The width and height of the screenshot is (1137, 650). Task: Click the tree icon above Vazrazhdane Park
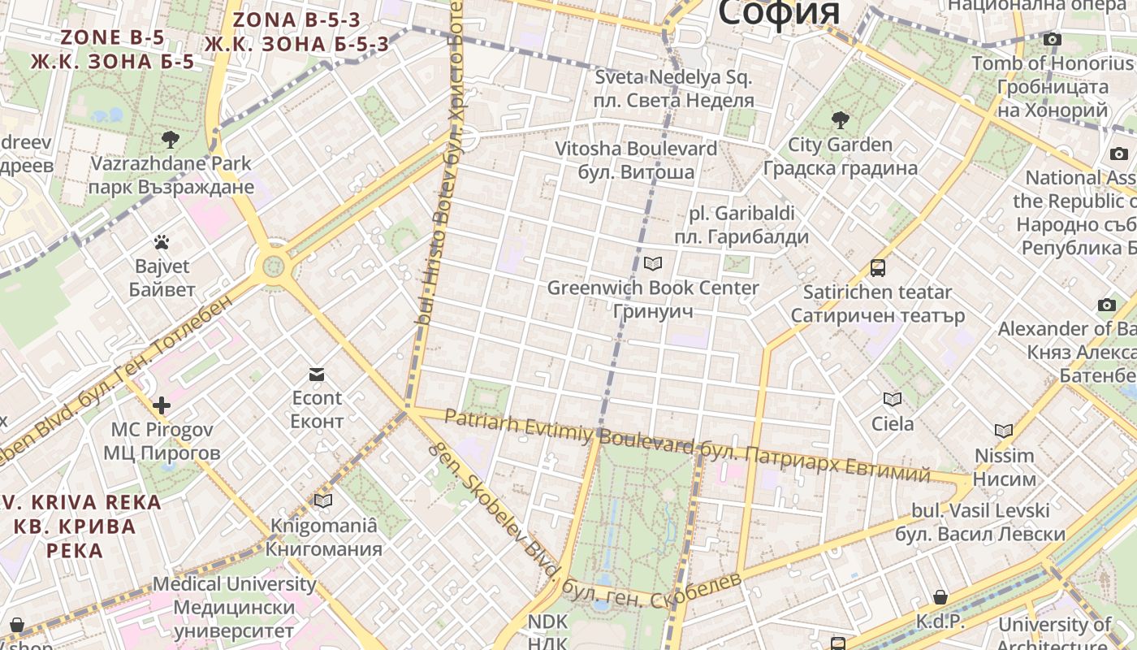pyautogui.click(x=171, y=139)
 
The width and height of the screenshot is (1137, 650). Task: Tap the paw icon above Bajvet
pyautogui.click(x=162, y=241)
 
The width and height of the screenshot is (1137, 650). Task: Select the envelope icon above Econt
pyautogui.click(x=317, y=374)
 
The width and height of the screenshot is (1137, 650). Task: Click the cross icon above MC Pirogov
pyautogui.click(x=162, y=405)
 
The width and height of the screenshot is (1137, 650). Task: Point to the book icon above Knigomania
pyautogui.click(x=323, y=500)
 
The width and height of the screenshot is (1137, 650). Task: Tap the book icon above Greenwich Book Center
pyautogui.click(x=653, y=263)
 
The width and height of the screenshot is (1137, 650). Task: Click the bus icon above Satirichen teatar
pyautogui.click(x=878, y=267)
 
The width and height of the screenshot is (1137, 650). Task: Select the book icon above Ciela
pyautogui.click(x=893, y=399)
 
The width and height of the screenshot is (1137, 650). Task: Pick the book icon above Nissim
pyautogui.click(x=1004, y=431)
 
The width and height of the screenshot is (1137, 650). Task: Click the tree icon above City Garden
pyautogui.click(x=841, y=121)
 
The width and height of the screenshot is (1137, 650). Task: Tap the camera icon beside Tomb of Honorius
pyautogui.click(x=1053, y=39)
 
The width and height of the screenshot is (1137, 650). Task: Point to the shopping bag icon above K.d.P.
pyautogui.click(x=940, y=597)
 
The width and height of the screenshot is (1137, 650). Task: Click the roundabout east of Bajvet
pyautogui.click(x=274, y=266)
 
